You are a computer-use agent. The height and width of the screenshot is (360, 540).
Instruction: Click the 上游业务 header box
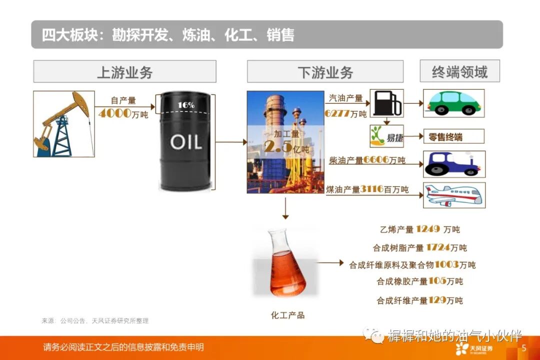(124, 71)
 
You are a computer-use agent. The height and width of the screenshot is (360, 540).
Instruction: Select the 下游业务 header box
(325, 71)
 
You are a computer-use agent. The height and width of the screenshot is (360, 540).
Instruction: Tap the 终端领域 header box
(459, 71)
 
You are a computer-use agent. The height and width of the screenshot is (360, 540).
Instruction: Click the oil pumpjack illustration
(64, 123)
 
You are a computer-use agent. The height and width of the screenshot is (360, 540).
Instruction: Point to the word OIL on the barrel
(185, 142)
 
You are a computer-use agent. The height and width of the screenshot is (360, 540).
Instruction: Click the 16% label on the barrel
(186, 105)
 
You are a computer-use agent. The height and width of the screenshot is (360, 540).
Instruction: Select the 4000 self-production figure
(115, 113)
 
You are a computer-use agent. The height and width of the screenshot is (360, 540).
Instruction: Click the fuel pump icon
(386, 103)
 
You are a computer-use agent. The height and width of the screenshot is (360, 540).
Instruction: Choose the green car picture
(453, 103)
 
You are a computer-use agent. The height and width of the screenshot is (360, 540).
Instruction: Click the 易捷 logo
(386, 136)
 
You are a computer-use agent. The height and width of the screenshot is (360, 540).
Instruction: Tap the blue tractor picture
(454, 164)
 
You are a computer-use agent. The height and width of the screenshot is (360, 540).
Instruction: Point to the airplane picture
(454, 195)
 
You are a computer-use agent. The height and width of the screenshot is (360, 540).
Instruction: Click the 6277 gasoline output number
(337, 113)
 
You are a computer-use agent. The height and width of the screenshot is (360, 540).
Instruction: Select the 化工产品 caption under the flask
(287, 315)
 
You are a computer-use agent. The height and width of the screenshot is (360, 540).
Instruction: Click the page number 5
(524, 347)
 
